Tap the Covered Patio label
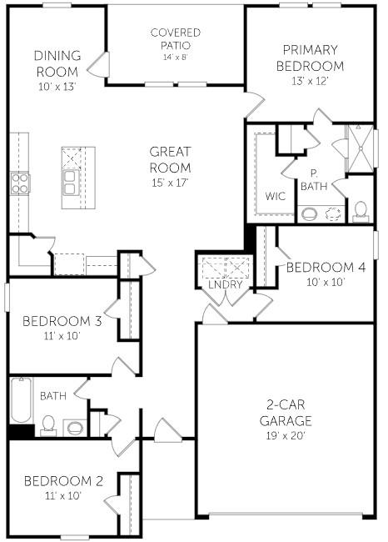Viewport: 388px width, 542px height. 175,39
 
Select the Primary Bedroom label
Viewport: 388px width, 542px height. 312,58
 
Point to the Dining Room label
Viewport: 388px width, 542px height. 57,63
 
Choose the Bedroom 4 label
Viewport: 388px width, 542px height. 326,268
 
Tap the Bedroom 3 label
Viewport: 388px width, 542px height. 62,320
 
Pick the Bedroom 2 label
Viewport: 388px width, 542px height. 63,481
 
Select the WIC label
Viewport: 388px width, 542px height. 276,196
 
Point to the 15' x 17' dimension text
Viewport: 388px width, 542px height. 170,183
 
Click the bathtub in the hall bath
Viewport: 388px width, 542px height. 20,400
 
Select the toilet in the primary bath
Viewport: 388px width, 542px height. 361,210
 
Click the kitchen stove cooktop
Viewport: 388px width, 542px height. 20,183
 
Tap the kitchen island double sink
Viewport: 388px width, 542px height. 70,183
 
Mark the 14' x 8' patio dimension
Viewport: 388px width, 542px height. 175,58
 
